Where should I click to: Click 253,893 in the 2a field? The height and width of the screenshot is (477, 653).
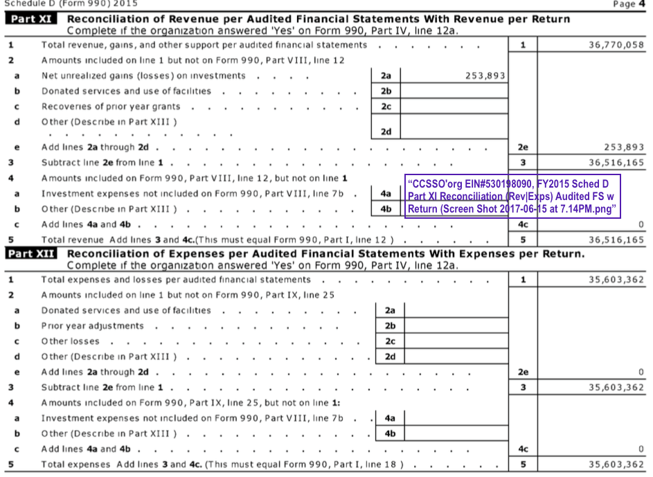point(485,76)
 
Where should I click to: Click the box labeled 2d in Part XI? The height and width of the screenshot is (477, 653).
point(386,132)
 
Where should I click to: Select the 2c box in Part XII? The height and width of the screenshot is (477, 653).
point(390,341)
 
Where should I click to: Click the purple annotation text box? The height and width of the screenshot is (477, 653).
point(512,197)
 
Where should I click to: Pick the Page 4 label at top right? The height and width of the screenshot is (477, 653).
point(629,4)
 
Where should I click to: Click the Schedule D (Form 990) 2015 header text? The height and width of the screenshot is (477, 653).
point(53,3)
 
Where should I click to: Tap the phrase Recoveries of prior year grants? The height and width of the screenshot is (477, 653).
point(111,107)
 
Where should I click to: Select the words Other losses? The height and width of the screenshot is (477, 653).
point(70,341)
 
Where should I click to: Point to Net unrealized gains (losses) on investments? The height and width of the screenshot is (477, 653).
point(143,76)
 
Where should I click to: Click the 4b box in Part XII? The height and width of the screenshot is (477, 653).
point(390,434)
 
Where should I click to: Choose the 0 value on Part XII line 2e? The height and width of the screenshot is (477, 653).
point(641,372)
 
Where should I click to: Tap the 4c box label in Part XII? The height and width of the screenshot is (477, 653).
point(523,449)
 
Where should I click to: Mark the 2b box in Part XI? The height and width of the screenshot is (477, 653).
point(386,91)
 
